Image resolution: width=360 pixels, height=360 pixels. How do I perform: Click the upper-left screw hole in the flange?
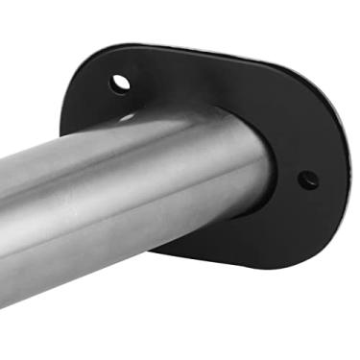click(119, 83)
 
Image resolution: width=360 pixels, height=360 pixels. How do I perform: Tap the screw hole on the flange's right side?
click(307, 179)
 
